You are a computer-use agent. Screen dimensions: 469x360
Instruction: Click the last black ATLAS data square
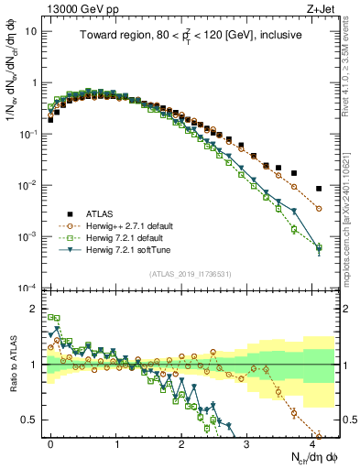pyautogui.click(x=319, y=189)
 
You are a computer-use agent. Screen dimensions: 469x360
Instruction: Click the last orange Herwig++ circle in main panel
pyautogui.click(x=319, y=209)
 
